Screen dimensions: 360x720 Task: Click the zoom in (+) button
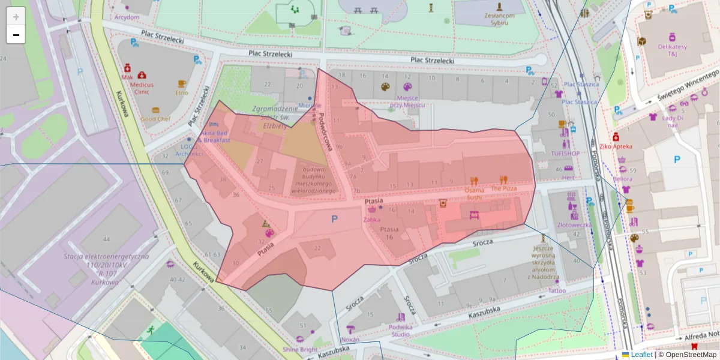coord(16,16)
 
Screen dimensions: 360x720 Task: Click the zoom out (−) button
coord(16,35)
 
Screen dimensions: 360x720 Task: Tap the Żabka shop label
coord(371,219)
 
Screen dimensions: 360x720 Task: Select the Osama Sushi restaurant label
coord(473,193)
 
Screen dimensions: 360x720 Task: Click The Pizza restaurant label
coord(503,188)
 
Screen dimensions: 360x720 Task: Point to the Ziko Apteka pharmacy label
coord(616,146)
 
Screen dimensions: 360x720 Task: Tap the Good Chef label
coord(155,119)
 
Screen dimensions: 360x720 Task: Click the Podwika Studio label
coord(400,330)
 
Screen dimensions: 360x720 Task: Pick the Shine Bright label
coord(300,349)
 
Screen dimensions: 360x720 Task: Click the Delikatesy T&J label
coord(672,50)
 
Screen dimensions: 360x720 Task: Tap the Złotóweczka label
coord(572,225)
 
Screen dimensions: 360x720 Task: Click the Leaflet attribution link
coord(641,355)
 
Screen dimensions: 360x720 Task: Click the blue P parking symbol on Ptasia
coord(334,219)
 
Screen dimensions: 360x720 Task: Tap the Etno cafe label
coord(181,92)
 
